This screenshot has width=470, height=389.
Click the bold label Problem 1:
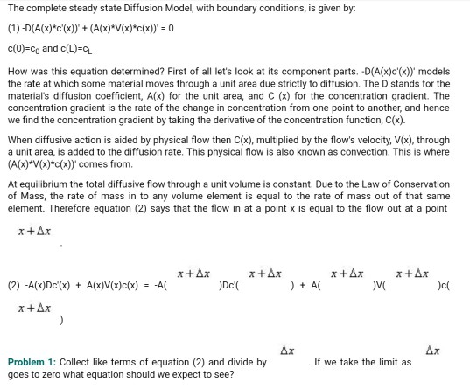(x=32, y=362)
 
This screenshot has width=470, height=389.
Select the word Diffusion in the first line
(x=108, y=9)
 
